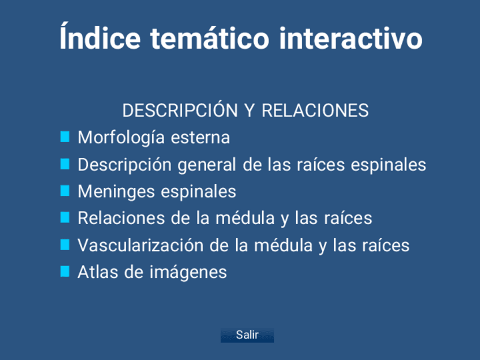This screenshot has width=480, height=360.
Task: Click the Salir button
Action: coord(247,335)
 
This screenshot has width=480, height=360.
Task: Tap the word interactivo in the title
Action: coord(351,38)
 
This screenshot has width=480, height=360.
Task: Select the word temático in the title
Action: coord(209,38)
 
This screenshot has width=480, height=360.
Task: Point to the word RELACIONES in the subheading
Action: coord(315,110)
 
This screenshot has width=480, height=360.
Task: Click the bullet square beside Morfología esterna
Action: coord(65,137)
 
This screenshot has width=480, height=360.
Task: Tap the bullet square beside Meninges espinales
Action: coord(65,191)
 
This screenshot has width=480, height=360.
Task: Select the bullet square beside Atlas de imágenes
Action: coord(65,272)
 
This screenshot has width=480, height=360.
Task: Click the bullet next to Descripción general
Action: coord(65,164)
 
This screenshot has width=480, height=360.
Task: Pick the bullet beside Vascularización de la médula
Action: coord(65,245)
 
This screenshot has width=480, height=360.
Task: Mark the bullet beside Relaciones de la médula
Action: coord(65,218)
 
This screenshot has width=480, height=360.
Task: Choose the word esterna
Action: coord(200,138)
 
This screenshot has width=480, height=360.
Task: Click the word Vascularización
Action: coord(140,245)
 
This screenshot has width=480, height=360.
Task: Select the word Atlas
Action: coord(98,272)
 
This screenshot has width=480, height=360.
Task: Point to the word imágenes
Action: coord(188,273)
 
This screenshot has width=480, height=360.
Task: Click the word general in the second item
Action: coord(207,165)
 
